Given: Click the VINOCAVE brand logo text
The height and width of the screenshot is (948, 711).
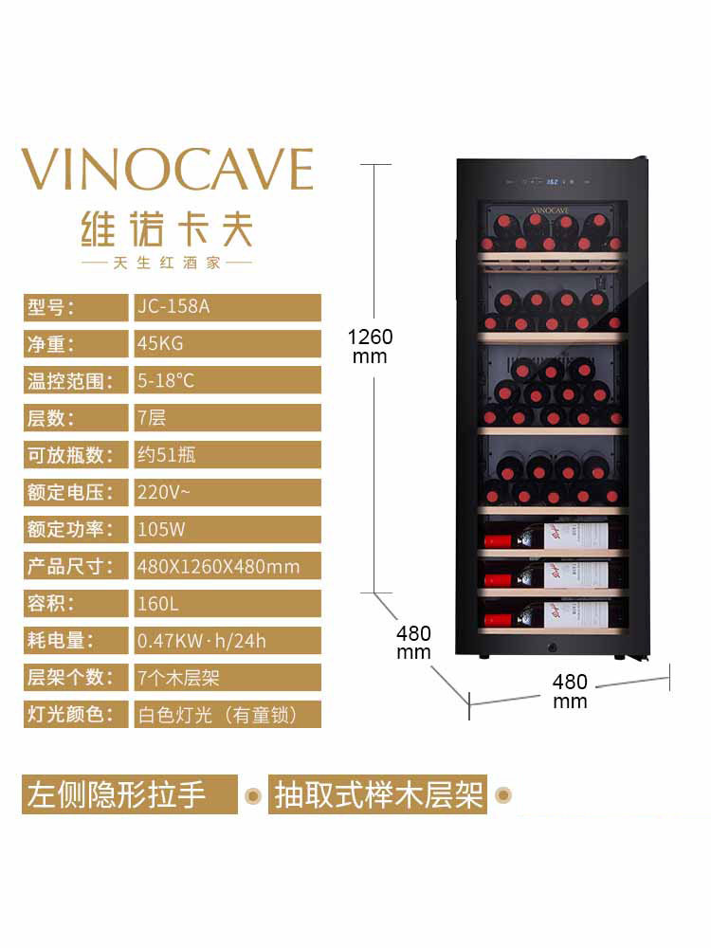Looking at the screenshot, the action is (x=167, y=170).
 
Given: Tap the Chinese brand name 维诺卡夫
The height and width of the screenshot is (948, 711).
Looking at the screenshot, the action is (x=167, y=229).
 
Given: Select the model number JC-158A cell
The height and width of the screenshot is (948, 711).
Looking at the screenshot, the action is (x=226, y=307).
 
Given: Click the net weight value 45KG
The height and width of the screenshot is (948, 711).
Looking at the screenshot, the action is (x=226, y=344).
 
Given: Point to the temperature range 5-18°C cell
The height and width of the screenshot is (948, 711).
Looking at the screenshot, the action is (x=226, y=381).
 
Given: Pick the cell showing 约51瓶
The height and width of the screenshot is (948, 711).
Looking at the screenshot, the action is (x=226, y=455).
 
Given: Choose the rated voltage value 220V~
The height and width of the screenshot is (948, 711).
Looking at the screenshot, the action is (x=226, y=492).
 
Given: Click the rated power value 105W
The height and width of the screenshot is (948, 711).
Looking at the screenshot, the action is (x=226, y=529).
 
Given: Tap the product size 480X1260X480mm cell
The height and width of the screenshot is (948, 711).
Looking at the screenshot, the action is (x=226, y=566).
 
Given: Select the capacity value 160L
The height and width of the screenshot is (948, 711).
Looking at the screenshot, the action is (x=226, y=603).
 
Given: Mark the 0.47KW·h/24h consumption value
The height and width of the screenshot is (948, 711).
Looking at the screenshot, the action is (x=226, y=640).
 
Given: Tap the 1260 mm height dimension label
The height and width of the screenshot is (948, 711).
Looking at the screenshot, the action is (x=370, y=346).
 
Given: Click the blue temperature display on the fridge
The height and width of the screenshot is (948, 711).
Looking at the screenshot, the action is (x=556, y=181).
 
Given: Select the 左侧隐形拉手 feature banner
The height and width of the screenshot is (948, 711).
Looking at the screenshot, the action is (x=130, y=794).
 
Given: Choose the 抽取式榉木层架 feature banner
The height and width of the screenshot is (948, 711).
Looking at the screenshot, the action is (x=378, y=794).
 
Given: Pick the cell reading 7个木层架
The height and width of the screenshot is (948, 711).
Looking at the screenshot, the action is (x=226, y=677).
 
